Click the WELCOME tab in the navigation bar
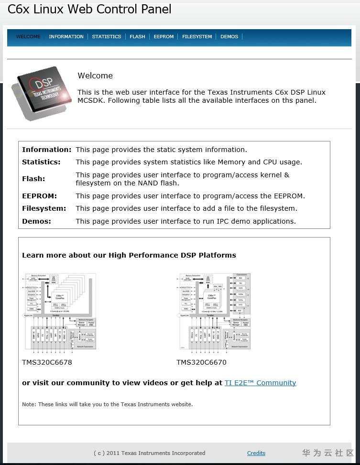click(x=28, y=37)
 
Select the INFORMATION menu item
click(x=66, y=37)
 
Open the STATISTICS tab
click(x=107, y=37)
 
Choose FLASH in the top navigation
click(x=137, y=37)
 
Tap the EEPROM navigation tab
click(x=164, y=37)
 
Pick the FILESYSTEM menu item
click(x=197, y=37)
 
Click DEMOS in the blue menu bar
click(x=229, y=37)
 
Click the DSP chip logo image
click(x=42, y=93)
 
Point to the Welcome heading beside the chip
click(x=95, y=76)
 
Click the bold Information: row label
click(x=46, y=150)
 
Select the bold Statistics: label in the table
click(x=41, y=162)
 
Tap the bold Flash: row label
click(x=33, y=179)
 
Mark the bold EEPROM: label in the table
click(x=39, y=196)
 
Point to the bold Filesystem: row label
click(x=44, y=208)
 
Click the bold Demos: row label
click(x=36, y=221)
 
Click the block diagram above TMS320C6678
click(x=60, y=312)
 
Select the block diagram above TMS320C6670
click(x=214, y=312)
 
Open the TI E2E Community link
click(x=260, y=383)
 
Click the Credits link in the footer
click(x=256, y=453)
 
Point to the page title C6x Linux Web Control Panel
click(x=89, y=9)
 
